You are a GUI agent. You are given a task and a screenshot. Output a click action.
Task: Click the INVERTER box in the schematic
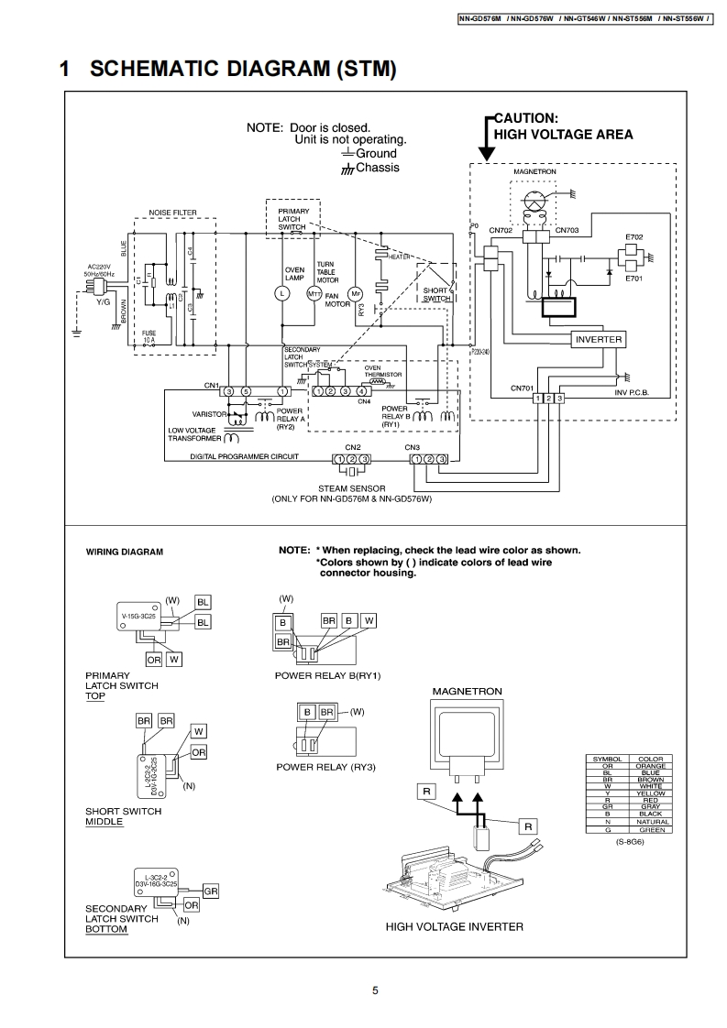(599, 339)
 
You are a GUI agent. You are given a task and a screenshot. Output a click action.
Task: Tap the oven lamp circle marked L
(283, 293)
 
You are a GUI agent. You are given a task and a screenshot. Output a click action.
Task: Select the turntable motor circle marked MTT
(314, 293)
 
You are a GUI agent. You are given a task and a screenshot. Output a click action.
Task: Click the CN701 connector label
(523, 388)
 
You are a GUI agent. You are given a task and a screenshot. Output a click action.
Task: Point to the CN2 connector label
(352, 447)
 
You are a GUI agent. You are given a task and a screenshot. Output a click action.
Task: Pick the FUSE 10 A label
(149, 335)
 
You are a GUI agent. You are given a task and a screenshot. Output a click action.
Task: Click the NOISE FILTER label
(172, 213)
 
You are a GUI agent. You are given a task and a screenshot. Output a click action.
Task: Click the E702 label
(634, 237)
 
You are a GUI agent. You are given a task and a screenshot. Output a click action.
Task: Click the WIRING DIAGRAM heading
(125, 552)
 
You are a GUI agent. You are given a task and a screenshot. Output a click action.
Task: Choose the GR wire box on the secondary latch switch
(210, 891)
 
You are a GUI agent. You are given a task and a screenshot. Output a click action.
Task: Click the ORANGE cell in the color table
(651, 766)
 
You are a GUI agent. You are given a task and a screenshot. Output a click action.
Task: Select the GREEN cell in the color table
(651, 829)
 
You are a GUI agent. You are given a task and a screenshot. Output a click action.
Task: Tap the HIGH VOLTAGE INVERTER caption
(455, 926)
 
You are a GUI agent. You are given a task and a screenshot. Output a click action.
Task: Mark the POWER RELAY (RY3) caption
(326, 767)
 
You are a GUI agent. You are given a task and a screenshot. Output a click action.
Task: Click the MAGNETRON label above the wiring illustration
(467, 690)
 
